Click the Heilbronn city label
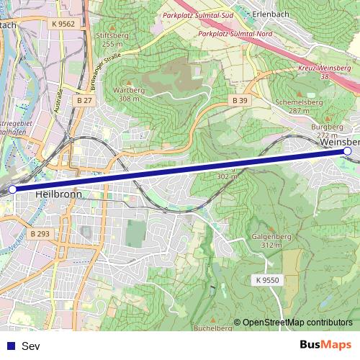[58, 194]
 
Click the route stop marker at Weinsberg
[348, 151]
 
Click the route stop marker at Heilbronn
[12, 189]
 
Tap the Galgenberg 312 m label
[271, 240]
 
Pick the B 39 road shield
[239, 100]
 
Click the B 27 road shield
[84, 100]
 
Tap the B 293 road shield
[40, 234]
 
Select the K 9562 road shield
[63, 24]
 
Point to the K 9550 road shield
[266, 279]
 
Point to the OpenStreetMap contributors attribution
[293, 322]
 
